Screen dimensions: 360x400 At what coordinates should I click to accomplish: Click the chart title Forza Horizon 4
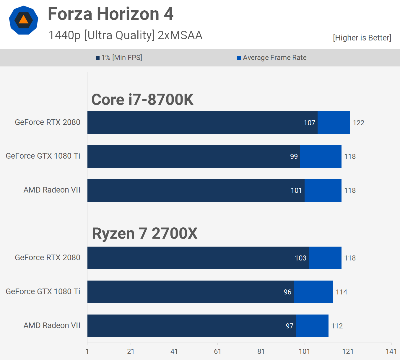[110, 14]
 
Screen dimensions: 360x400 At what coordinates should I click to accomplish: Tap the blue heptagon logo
[24, 20]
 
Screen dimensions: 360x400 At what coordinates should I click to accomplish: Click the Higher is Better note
[362, 38]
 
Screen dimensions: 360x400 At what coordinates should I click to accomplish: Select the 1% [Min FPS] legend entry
[119, 58]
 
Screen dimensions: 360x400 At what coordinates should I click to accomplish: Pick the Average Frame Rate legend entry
[272, 58]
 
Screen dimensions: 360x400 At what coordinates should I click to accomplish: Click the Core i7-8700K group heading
[142, 100]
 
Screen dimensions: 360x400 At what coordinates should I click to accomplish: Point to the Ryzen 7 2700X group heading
[144, 233]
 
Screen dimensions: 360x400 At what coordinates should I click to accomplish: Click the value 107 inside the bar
[309, 123]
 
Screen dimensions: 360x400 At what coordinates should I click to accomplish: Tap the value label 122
[358, 123]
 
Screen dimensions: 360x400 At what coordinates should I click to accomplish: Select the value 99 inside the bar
[294, 157]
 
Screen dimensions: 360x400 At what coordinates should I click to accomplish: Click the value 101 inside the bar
[296, 190]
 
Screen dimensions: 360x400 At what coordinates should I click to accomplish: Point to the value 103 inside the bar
[300, 258]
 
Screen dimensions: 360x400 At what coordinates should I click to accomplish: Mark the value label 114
[341, 292]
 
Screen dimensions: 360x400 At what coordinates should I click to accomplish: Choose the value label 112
[337, 326]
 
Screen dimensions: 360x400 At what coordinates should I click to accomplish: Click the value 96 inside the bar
[287, 292]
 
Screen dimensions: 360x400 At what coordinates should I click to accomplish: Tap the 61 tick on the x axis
[217, 351]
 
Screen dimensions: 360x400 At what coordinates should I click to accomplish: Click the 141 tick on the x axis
[391, 351]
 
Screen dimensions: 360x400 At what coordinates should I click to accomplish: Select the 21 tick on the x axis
[131, 351]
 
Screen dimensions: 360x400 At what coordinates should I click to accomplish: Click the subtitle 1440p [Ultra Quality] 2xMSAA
[125, 35]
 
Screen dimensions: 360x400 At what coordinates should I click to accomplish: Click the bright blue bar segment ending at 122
[334, 123]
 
